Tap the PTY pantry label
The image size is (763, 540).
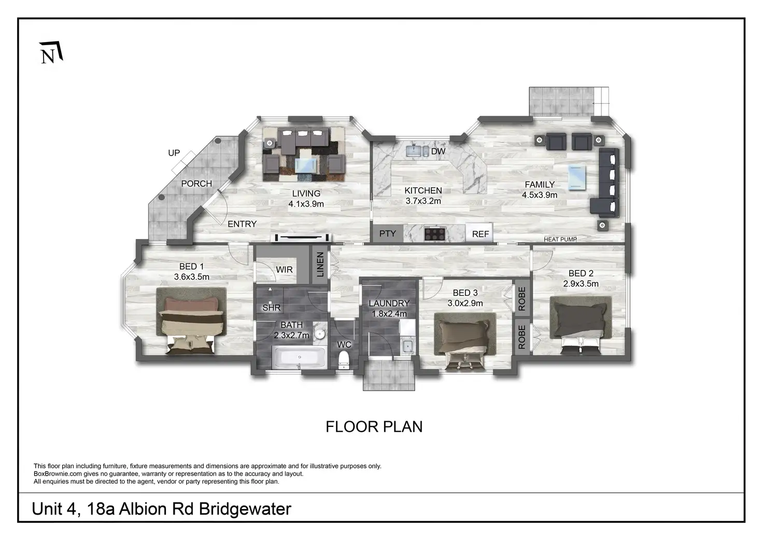[x=387, y=233]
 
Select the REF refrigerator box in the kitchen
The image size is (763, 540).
[x=480, y=234]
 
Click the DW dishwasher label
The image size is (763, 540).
[x=438, y=151]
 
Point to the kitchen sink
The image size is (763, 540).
[x=414, y=151]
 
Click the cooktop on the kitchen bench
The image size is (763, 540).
[x=435, y=233]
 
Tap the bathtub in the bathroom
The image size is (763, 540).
[x=300, y=358]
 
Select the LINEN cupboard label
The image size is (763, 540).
[x=320, y=264]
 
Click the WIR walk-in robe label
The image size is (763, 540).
[x=284, y=270]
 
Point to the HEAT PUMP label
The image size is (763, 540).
[x=560, y=239]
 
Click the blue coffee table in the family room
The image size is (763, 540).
[x=577, y=177]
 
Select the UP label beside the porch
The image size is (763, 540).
[x=174, y=153]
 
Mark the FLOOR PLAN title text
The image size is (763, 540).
[x=374, y=426]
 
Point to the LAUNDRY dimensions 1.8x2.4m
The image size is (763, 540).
[x=389, y=313]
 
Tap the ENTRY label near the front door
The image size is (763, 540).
[x=242, y=224]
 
